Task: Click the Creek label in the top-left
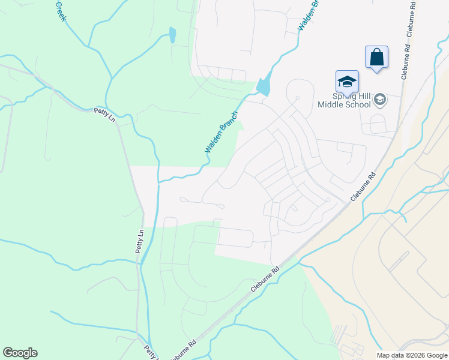[60, 11]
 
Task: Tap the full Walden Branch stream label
[222, 131]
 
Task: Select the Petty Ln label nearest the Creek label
[104, 114]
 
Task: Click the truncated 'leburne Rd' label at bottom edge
[182, 350]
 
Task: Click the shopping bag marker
[376, 58]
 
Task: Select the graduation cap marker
[347, 82]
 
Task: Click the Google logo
[20, 353]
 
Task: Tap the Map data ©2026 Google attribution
[411, 355]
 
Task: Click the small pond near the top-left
[173, 35]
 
